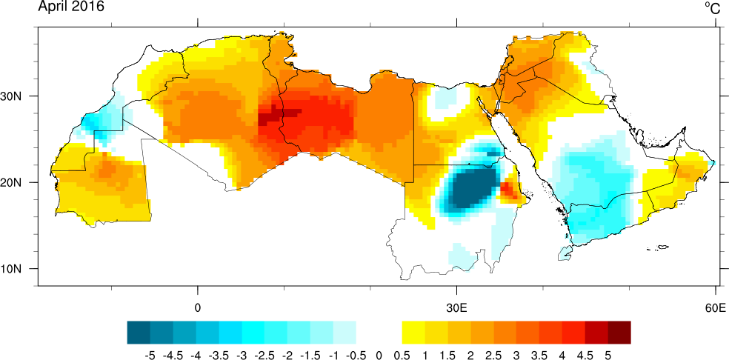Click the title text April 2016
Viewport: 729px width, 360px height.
[x=71, y=7]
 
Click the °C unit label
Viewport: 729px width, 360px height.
[x=712, y=8]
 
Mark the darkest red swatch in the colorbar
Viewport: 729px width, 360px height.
[x=619, y=331]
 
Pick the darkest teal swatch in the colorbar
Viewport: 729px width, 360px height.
[x=139, y=331]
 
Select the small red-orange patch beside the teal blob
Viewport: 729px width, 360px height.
[x=509, y=190]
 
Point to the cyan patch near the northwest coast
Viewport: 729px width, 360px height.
[x=94, y=120]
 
